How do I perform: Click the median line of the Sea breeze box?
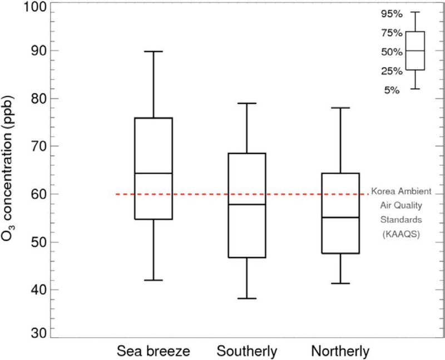(154, 173)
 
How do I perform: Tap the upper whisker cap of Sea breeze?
(154, 51)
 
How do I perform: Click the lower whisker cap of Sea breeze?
(154, 280)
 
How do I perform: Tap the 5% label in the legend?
(392, 90)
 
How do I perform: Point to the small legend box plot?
(416, 51)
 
